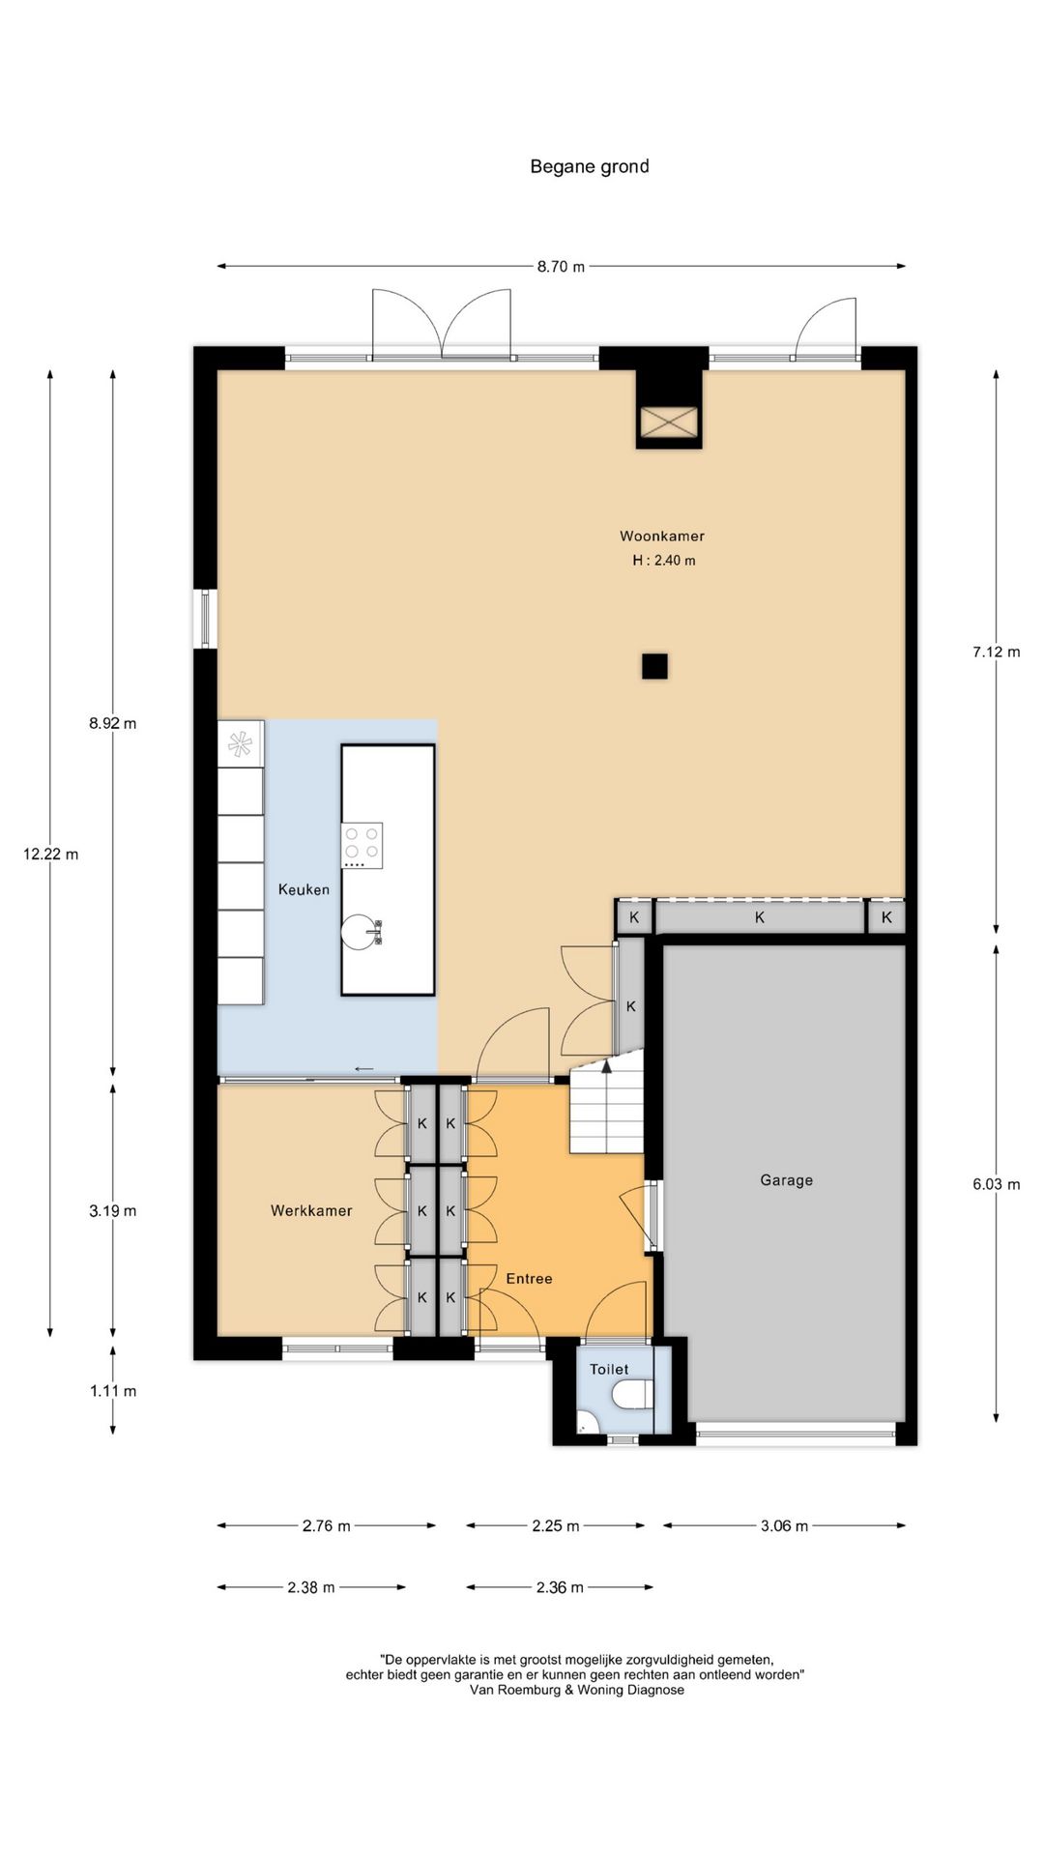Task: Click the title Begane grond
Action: click(x=589, y=166)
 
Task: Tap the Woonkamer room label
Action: click(x=662, y=536)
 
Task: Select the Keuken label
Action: click(x=304, y=889)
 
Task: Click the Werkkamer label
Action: click(x=311, y=1210)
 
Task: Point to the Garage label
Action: click(x=786, y=1180)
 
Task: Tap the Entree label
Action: click(x=529, y=1279)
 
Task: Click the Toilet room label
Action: click(x=609, y=1370)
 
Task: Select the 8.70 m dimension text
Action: click(x=562, y=267)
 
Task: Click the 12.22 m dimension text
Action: click(x=51, y=855)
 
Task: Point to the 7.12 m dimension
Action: click(x=997, y=652)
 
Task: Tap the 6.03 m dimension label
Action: click(x=997, y=1184)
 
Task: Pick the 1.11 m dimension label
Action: click(x=113, y=1392)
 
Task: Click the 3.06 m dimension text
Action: click(x=784, y=1526)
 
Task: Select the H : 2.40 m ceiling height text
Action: click(x=664, y=561)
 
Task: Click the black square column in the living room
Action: click(x=654, y=666)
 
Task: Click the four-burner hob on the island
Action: click(x=362, y=845)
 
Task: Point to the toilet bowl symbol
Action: click(x=635, y=1395)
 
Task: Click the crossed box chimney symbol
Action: click(x=669, y=422)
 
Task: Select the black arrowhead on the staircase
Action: click(x=607, y=1066)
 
